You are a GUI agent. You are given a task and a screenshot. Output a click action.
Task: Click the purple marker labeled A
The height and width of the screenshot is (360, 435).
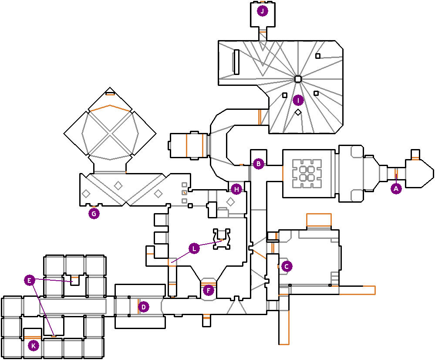click(396, 189)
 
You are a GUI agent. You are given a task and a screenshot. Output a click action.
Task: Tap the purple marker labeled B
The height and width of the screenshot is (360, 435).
click(259, 163)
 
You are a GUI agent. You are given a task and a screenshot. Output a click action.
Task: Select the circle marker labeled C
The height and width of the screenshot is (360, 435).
click(287, 266)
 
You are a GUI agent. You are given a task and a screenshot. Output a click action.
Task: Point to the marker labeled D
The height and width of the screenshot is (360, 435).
click(143, 307)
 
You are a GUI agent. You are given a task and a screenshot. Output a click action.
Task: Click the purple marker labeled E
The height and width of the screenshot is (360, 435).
click(30, 280)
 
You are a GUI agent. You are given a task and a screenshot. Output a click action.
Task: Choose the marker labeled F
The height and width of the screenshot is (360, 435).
click(208, 291)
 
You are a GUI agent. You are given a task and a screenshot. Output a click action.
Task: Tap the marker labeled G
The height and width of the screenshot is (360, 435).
click(94, 214)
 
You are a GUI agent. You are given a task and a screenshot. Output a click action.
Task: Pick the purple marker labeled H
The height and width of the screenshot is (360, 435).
click(236, 190)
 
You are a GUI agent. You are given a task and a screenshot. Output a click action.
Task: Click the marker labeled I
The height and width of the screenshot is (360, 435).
click(298, 100)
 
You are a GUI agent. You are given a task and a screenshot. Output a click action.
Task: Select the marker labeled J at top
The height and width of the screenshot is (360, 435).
click(263, 11)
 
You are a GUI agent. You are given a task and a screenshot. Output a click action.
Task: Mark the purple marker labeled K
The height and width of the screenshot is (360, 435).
click(34, 346)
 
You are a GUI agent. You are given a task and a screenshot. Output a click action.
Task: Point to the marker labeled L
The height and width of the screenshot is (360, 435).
click(194, 248)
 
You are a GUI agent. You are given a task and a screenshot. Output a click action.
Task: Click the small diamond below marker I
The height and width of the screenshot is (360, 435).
click(298, 112)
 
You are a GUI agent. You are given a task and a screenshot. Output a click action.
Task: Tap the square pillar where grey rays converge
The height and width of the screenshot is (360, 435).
click(298, 79)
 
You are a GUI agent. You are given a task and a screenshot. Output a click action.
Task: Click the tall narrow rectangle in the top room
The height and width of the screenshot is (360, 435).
click(236, 62)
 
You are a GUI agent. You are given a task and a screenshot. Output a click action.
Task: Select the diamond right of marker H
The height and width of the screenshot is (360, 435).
click(230, 201)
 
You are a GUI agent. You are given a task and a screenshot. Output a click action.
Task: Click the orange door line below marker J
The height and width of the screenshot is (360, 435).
click(263, 32)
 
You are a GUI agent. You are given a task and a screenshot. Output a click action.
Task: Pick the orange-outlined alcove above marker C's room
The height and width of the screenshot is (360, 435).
click(319, 220)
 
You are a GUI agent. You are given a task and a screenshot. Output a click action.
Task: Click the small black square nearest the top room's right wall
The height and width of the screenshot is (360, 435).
click(318, 56)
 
